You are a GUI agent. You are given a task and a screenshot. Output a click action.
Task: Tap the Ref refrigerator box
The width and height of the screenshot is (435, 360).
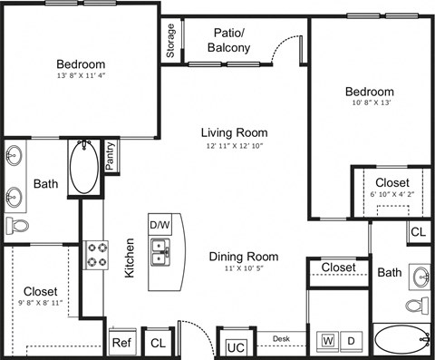point(121,343)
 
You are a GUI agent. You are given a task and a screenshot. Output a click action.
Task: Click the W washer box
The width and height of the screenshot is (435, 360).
point(325,342)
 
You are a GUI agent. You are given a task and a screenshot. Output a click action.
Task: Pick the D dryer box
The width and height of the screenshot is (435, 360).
point(352,342)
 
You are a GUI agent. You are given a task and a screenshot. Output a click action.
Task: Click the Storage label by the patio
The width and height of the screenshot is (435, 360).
point(170,42)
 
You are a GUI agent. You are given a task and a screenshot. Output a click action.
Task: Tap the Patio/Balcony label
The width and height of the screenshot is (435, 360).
point(229,40)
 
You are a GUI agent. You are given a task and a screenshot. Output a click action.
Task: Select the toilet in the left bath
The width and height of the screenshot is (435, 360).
point(17,226)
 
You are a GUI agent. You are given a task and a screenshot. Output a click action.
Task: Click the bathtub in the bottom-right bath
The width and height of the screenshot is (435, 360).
point(399,341)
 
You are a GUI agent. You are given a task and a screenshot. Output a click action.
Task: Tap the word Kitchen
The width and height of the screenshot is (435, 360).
point(130,258)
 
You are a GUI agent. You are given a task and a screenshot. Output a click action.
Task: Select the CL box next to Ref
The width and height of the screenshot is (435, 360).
point(157,343)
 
